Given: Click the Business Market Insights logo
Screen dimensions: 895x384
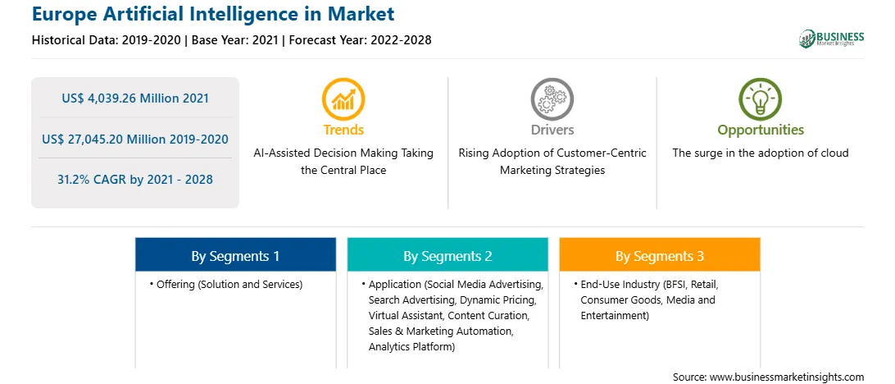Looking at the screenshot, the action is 832,39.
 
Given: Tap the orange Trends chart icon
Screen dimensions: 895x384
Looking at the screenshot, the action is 343,98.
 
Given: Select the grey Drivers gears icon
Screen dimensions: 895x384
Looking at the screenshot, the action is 552,98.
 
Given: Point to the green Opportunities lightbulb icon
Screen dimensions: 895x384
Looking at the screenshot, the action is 761,98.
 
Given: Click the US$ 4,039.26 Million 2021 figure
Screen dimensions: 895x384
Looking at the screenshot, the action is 135,98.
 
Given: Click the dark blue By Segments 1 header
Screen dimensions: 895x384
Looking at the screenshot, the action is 235,256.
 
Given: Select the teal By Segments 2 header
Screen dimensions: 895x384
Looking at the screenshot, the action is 447,256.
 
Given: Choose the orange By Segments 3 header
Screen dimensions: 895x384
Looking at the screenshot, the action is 659,256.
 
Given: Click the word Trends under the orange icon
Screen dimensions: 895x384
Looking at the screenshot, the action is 343,130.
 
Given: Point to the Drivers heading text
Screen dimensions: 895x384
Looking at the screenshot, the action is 552,130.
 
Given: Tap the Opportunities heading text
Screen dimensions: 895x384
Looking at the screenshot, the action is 761,130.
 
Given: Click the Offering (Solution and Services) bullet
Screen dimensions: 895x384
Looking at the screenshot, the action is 226,284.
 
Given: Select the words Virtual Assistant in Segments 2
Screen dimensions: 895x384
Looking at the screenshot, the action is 406,315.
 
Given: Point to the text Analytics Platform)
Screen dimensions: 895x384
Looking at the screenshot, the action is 411,346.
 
